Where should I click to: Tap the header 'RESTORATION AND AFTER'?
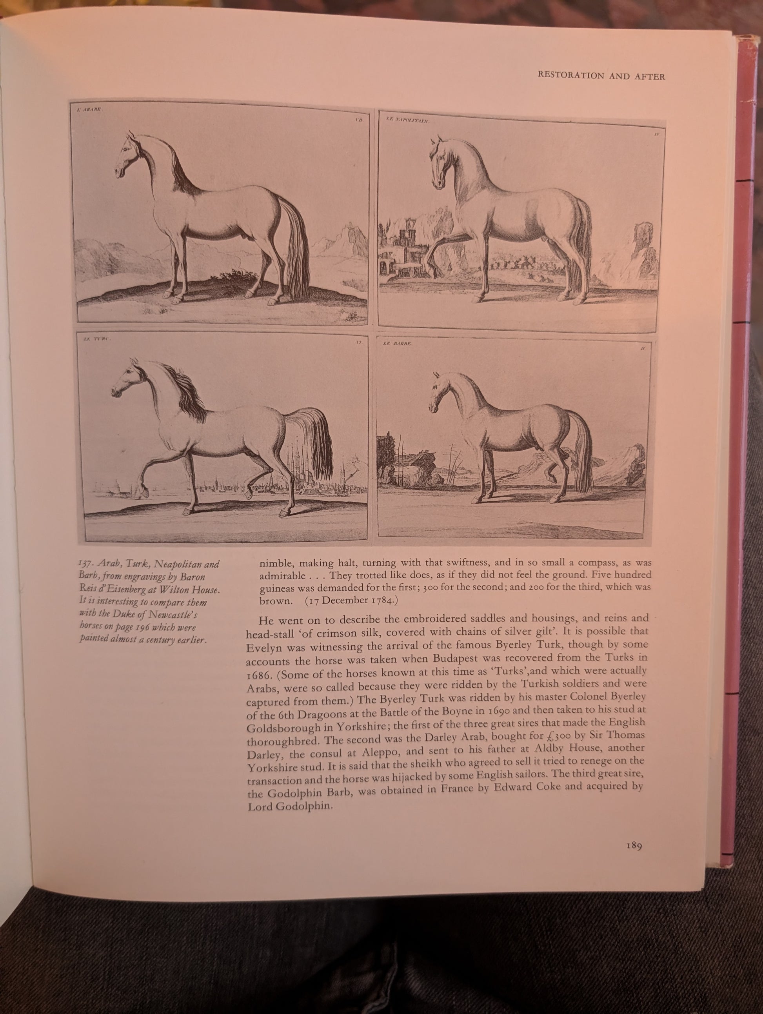(601, 76)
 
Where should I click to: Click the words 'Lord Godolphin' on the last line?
(289, 807)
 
